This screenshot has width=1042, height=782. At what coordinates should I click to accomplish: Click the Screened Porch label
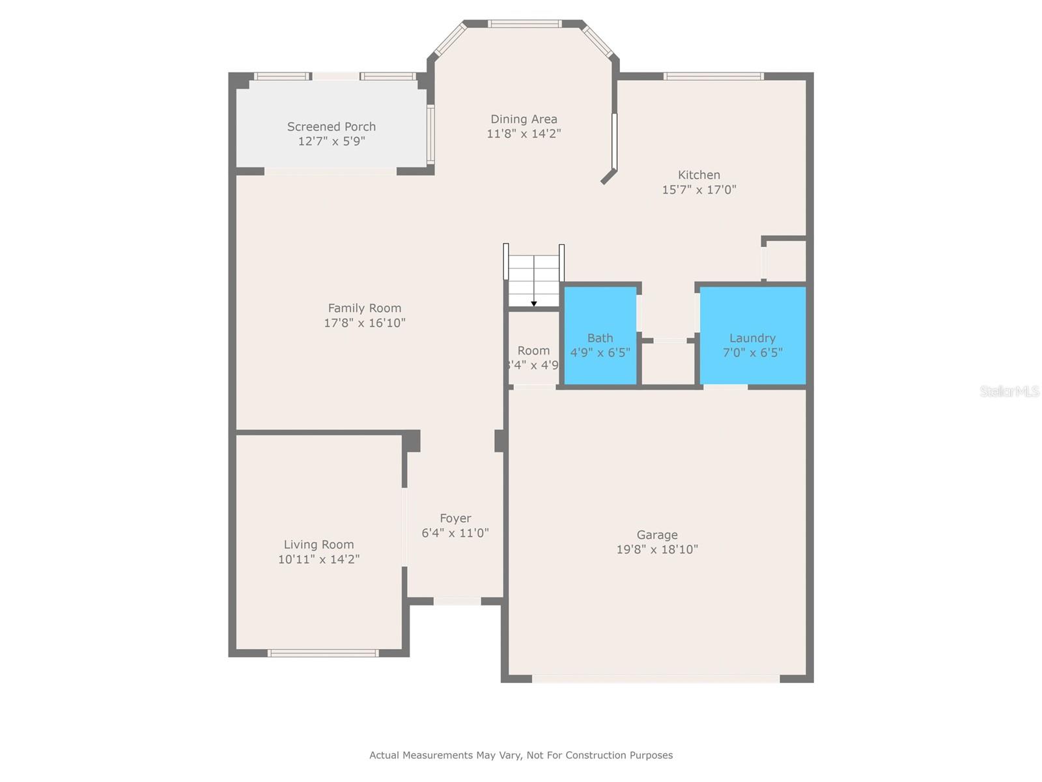pos(331,126)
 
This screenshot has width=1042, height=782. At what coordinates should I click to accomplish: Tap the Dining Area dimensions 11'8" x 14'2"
pos(524,134)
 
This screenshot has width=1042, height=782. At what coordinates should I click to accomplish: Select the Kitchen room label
pos(699,175)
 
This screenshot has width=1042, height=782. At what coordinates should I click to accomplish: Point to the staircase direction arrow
pos(534,303)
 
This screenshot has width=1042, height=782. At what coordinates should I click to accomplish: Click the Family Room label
pos(365,308)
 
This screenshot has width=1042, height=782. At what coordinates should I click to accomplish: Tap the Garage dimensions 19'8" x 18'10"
pos(657,549)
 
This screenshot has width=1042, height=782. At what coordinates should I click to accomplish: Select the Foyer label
pos(455,518)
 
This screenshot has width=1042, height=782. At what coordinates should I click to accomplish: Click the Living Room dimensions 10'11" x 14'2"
pos(318,559)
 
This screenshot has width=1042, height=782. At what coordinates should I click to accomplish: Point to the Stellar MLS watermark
pos(1009,391)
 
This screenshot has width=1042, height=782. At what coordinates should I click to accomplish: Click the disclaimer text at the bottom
pos(521,755)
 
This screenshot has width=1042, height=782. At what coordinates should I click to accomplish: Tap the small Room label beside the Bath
pos(533,351)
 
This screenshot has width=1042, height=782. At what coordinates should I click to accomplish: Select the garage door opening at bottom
pos(656,678)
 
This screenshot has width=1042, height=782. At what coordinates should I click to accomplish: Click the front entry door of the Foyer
pos(457,601)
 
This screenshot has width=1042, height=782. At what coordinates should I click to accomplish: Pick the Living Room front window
pos(323,653)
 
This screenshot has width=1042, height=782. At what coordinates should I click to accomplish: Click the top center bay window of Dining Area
pos(525,24)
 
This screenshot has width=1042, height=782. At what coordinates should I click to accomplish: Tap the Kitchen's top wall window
pos(714,76)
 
